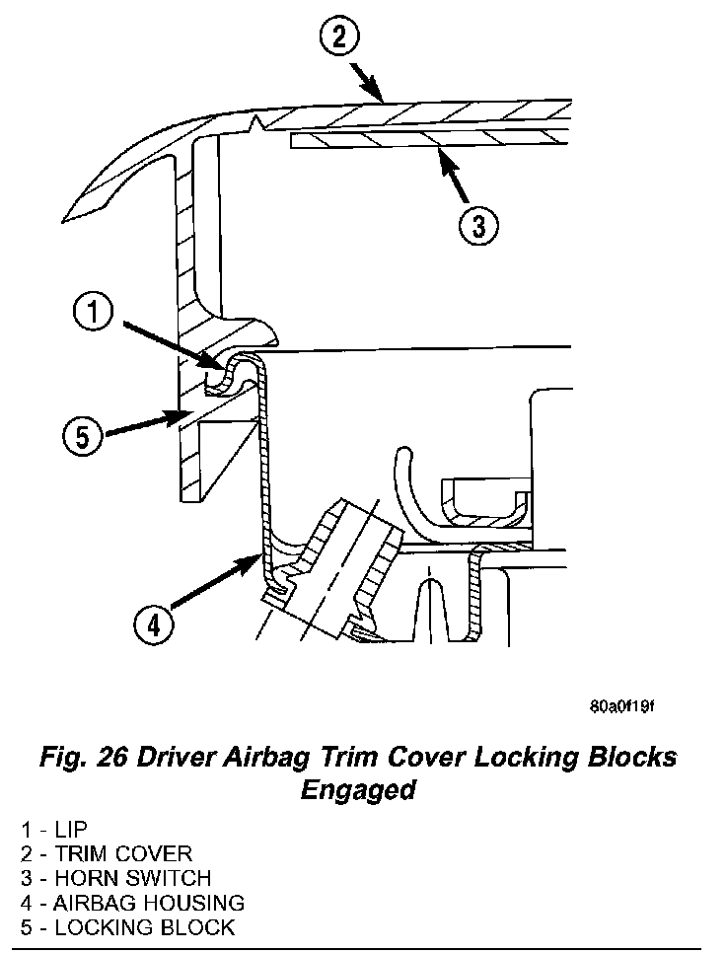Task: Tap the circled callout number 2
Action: (338, 38)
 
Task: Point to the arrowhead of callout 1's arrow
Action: (225, 366)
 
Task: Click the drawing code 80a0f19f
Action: (622, 707)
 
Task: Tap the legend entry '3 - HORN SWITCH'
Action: (115, 878)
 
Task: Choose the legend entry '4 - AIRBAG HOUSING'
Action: (132, 902)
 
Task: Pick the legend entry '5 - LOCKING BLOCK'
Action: (127, 926)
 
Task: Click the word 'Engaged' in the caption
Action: (357, 791)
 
